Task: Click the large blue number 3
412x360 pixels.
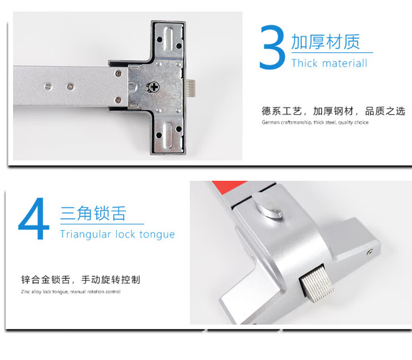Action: tap(272, 47)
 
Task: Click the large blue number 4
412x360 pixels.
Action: tap(33, 218)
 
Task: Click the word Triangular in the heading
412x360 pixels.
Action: tap(86, 234)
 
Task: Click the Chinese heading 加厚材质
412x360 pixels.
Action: tap(325, 42)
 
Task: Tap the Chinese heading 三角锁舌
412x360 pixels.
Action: tap(93, 213)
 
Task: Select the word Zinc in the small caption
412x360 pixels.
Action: tap(26, 292)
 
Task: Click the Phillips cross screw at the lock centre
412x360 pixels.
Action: tap(153, 86)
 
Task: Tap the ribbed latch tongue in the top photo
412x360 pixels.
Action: tap(190, 89)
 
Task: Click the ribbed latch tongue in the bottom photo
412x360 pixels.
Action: tap(317, 284)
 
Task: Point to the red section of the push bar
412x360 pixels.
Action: tap(229, 187)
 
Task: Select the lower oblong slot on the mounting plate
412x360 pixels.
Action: tap(168, 135)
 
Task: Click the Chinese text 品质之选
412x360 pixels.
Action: tap(385, 111)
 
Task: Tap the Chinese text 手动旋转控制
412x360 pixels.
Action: tap(111, 280)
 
